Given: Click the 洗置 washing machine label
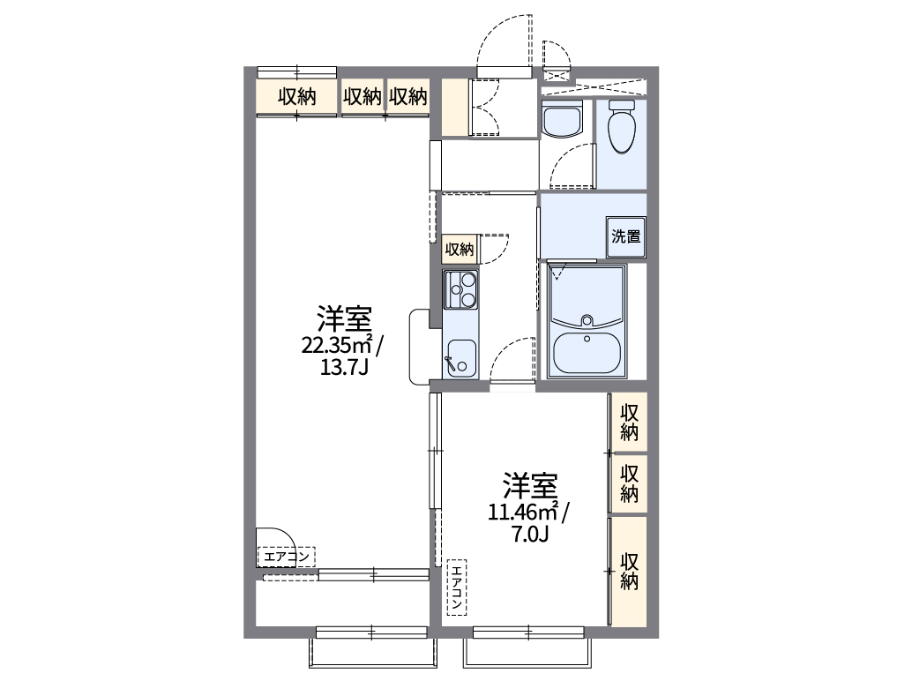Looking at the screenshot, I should pyautogui.click(x=626, y=236).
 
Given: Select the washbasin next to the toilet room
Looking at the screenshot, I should pyautogui.click(x=561, y=120).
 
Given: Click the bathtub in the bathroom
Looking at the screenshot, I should pyautogui.click(x=586, y=354).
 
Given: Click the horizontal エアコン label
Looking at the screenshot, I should pyautogui.click(x=286, y=557).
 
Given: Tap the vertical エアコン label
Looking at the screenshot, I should pyautogui.click(x=457, y=587).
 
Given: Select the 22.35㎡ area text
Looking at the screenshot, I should pyautogui.click(x=343, y=344).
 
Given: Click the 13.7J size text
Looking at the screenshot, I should pyautogui.click(x=343, y=365).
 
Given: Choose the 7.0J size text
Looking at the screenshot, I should pyautogui.click(x=530, y=533).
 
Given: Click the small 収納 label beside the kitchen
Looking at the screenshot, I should pyautogui.click(x=459, y=249).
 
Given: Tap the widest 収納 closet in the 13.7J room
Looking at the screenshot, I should pyautogui.click(x=296, y=97).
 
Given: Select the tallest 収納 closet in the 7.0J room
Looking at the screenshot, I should pyautogui.click(x=629, y=571).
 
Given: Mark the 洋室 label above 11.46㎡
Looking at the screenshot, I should pyautogui.click(x=529, y=485).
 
